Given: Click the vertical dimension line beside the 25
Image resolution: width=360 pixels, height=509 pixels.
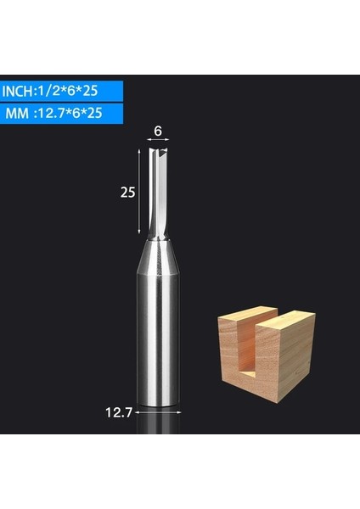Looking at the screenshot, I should [139, 192].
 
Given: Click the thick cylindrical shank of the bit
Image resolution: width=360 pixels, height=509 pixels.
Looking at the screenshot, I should [158, 339].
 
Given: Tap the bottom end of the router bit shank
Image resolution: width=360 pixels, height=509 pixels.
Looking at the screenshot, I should [158, 406].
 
